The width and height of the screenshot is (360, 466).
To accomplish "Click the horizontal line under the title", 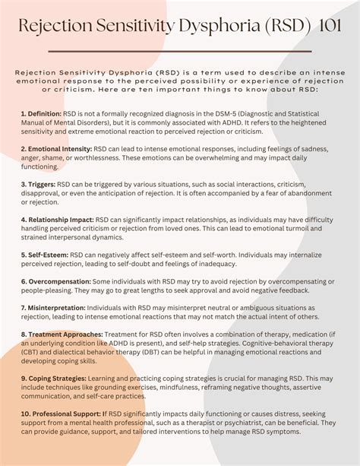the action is [179, 52].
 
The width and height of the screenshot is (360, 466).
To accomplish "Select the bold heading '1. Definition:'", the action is [42, 112].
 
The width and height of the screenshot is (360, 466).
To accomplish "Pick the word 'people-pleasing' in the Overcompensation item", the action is [49, 291].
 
